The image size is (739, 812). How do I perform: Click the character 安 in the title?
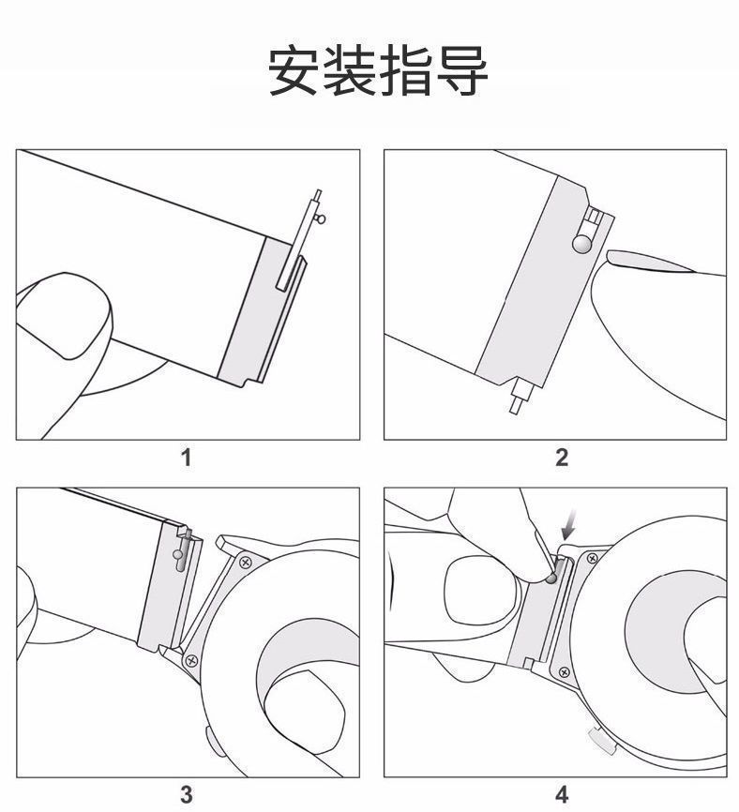pyautogui.click(x=294, y=71)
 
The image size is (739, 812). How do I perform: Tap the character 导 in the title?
pyautogui.click(x=461, y=71)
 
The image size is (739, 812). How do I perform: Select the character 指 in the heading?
pyautogui.click(x=405, y=71)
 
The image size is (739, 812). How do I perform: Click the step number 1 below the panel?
pyautogui.click(x=187, y=459)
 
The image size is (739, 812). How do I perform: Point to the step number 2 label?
pyautogui.click(x=562, y=459)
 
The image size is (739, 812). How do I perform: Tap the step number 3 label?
pyautogui.click(x=187, y=793)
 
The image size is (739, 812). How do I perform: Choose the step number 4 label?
pyautogui.click(x=562, y=793)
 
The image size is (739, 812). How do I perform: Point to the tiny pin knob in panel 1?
pyautogui.click(x=323, y=220)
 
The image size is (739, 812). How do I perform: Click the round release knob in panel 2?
pyautogui.click(x=582, y=245)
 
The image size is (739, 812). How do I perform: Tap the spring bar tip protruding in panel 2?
pyautogui.click(x=515, y=405)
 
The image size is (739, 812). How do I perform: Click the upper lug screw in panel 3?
pyautogui.click(x=245, y=563)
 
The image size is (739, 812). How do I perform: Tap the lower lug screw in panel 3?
pyautogui.click(x=191, y=660)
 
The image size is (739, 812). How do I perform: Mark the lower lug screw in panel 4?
pyautogui.click(x=564, y=671)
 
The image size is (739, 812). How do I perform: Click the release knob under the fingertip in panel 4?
pyautogui.click(x=551, y=579)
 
